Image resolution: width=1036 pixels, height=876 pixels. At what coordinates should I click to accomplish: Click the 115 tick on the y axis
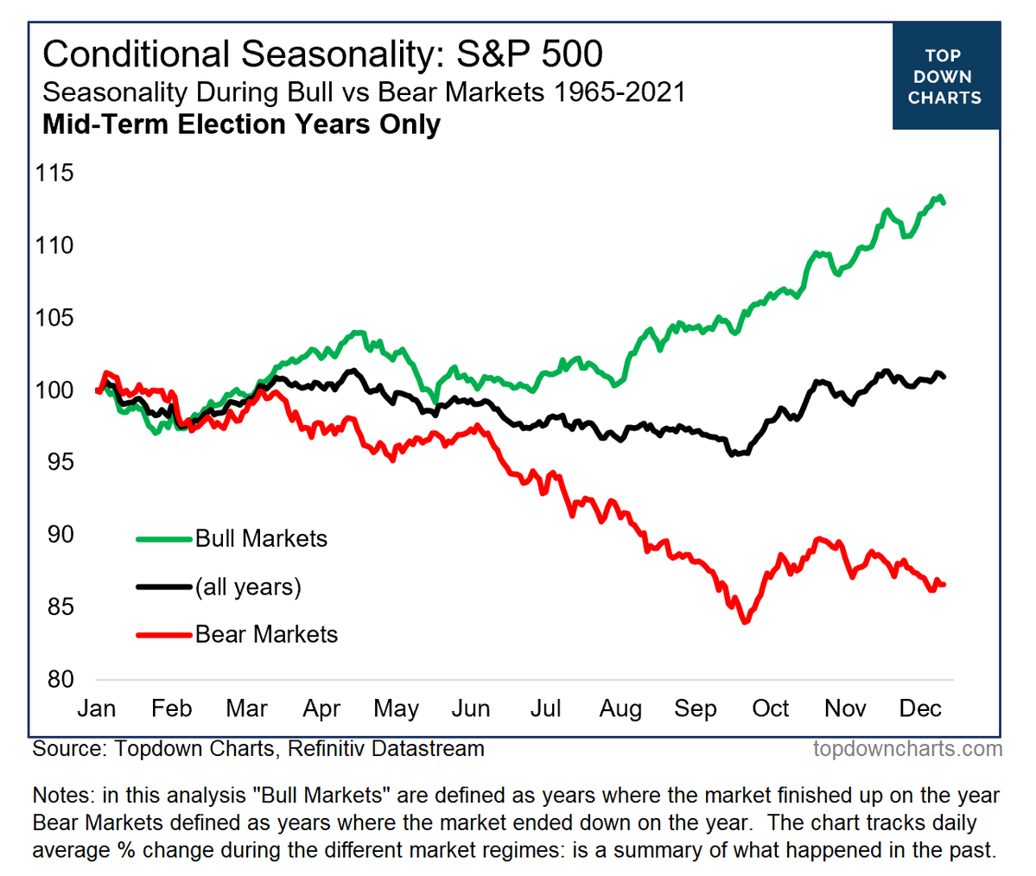54,174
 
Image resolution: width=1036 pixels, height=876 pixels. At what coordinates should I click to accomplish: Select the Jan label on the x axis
96,709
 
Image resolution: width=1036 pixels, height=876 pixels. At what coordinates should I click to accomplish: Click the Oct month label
770,709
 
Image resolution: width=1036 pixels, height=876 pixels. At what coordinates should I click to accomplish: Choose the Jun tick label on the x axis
471,709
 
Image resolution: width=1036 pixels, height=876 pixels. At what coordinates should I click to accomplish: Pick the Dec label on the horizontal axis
920,709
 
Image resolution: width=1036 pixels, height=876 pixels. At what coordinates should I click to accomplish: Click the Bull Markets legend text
261,539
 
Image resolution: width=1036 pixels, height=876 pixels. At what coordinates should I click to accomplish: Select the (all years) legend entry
248,587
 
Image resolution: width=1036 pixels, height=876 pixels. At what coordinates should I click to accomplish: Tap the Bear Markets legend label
266,635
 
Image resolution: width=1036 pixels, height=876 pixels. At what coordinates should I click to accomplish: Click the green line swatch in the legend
163,539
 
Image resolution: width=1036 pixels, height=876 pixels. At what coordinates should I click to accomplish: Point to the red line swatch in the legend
163,635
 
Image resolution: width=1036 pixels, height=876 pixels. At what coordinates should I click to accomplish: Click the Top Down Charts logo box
945,77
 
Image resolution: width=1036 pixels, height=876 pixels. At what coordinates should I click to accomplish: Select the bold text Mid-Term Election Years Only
241,124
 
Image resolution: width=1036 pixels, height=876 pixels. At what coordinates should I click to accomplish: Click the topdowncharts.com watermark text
907,748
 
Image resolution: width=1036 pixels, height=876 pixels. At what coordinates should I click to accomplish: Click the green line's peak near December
939,197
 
